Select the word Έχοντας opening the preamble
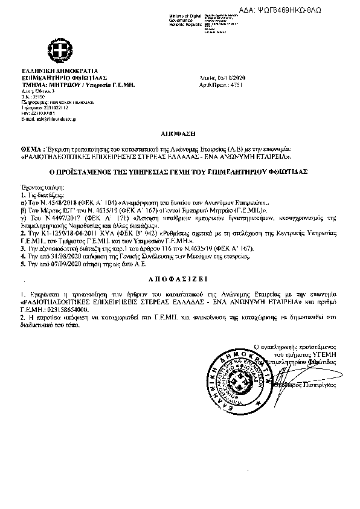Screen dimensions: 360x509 coord(32,188)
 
